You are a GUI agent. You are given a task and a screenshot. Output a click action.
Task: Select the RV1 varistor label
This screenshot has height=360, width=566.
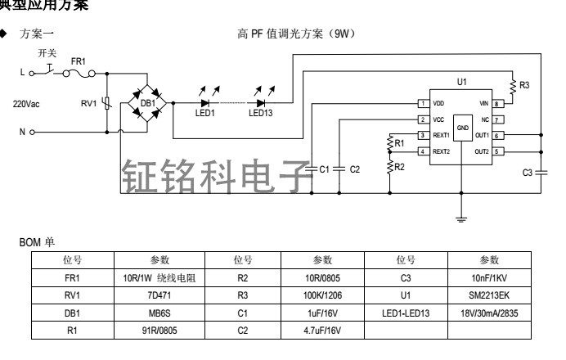(87, 103)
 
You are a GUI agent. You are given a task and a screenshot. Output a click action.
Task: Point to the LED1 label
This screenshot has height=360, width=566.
(204, 114)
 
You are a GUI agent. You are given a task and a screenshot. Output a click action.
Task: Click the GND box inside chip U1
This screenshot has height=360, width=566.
(462, 128)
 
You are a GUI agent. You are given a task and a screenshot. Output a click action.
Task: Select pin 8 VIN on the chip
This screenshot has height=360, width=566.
(497, 104)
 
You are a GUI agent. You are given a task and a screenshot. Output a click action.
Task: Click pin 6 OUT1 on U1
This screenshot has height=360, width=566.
(497, 135)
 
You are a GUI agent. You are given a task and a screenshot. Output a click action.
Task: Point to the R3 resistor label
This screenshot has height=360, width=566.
(524, 85)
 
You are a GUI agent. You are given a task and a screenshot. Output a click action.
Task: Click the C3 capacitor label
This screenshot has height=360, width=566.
(528, 173)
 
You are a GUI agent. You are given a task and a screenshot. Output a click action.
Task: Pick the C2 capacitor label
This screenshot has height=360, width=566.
(354, 169)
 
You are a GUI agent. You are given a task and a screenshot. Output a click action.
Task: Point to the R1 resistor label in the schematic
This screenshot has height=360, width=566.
(399, 143)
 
